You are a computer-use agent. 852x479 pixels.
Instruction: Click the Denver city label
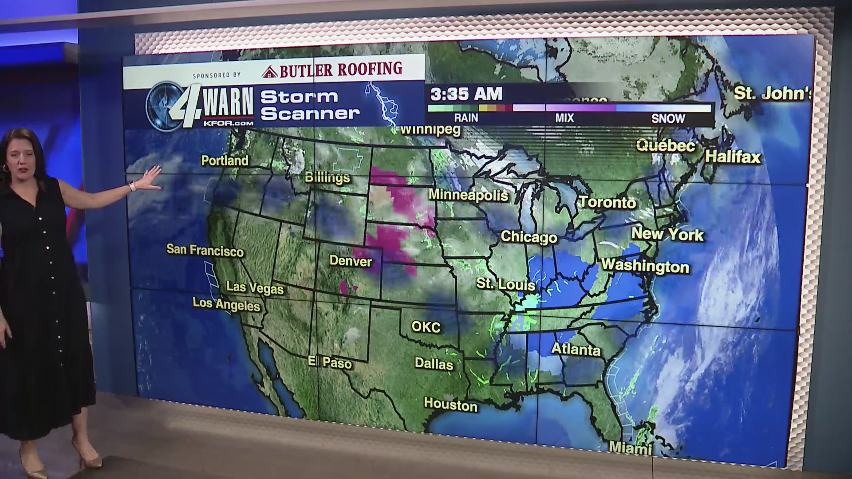coord(350,261)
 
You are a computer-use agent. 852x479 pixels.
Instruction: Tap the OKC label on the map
coord(426,327)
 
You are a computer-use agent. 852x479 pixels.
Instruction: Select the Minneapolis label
coord(468,195)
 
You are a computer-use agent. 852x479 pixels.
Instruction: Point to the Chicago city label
coord(529,237)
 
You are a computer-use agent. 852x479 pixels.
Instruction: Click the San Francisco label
coord(205,251)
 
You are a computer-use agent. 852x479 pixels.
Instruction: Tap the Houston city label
coord(450,404)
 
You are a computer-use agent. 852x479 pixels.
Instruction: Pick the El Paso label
coord(330,362)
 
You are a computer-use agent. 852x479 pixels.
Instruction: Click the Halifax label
coord(733,157)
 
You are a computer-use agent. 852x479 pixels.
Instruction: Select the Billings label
coord(327,177)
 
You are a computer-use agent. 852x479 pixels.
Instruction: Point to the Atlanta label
coord(576,349)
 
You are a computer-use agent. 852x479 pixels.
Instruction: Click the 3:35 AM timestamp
coord(466,94)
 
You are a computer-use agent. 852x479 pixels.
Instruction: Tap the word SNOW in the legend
coord(668,118)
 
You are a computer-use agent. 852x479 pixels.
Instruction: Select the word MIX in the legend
coord(564,118)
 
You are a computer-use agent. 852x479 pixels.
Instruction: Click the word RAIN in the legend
coord(466,118)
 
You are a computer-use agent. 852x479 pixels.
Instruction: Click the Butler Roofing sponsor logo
coord(332,70)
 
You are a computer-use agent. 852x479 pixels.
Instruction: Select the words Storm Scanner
coord(309,105)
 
